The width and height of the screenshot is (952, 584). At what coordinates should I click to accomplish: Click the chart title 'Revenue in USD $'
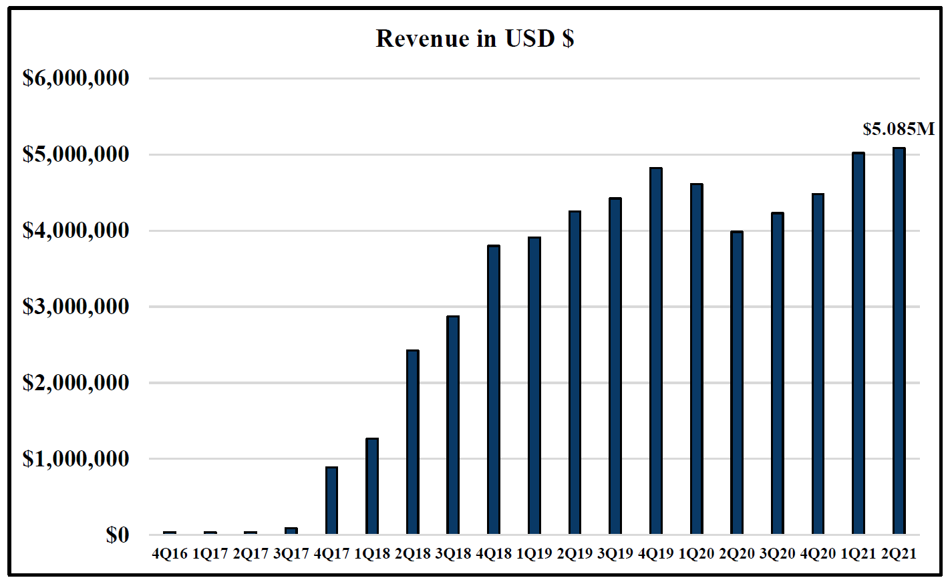pos(475,39)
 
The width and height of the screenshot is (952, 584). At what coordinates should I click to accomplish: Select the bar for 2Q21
pos(899,341)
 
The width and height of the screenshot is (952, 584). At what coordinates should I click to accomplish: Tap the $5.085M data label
pos(899,129)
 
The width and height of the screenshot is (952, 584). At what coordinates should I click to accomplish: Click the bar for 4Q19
pos(656,351)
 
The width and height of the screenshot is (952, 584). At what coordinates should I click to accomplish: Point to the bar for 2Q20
pos(737,382)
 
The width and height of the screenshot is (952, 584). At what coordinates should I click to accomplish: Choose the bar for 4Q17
pos(332,500)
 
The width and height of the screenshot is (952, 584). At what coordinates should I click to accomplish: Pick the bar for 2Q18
pos(413,442)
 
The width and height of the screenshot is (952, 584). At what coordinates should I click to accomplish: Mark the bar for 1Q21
pos(858,343)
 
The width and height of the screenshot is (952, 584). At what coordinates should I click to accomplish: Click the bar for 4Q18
pos(494,390)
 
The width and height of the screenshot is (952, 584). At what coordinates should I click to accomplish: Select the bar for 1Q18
pos(372,486)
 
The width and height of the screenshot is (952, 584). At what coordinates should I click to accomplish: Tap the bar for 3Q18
pos(453,425)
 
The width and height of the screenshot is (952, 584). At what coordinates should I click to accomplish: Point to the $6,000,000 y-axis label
pos(75,78)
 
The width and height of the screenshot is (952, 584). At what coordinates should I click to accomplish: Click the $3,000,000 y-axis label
pos(75,307)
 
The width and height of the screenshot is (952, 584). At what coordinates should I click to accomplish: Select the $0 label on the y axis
pos(117,535)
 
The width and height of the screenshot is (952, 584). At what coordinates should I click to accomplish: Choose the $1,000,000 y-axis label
pos(75,459)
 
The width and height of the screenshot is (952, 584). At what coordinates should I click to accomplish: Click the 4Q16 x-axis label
pos(170,554)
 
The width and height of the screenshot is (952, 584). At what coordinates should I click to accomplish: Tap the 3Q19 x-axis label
pos(615,554)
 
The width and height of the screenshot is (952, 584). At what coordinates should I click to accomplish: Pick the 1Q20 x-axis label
pos(696,554)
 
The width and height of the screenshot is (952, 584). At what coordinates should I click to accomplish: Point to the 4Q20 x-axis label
pos(818,554)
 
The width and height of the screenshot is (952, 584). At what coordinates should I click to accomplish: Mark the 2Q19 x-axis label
pos(575,554)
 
